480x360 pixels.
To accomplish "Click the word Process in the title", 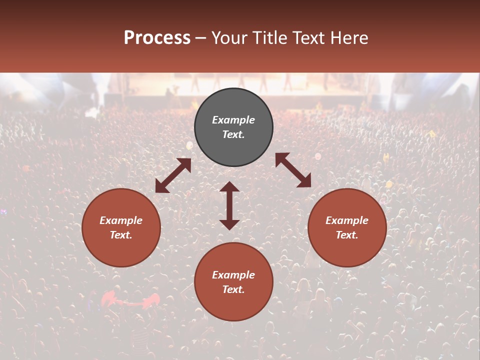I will [x=157, y=38].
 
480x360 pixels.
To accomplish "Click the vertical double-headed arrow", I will [x=229, y=205].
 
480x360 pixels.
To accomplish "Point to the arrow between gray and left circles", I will [x=173, y=175].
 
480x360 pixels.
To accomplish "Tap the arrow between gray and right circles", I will [x=293, y=170].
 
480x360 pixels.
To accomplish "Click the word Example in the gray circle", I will [x=233, y=120].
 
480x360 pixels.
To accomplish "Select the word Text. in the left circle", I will [x=121, y=235].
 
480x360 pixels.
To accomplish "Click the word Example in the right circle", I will [x=347, y=220].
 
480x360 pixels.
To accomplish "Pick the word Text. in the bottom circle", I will [x=233, y=289].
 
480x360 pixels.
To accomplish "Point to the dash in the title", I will [x=201, y=38].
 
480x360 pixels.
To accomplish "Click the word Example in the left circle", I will [x=121, y=220].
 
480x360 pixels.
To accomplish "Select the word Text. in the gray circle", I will [x=233, y=134].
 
